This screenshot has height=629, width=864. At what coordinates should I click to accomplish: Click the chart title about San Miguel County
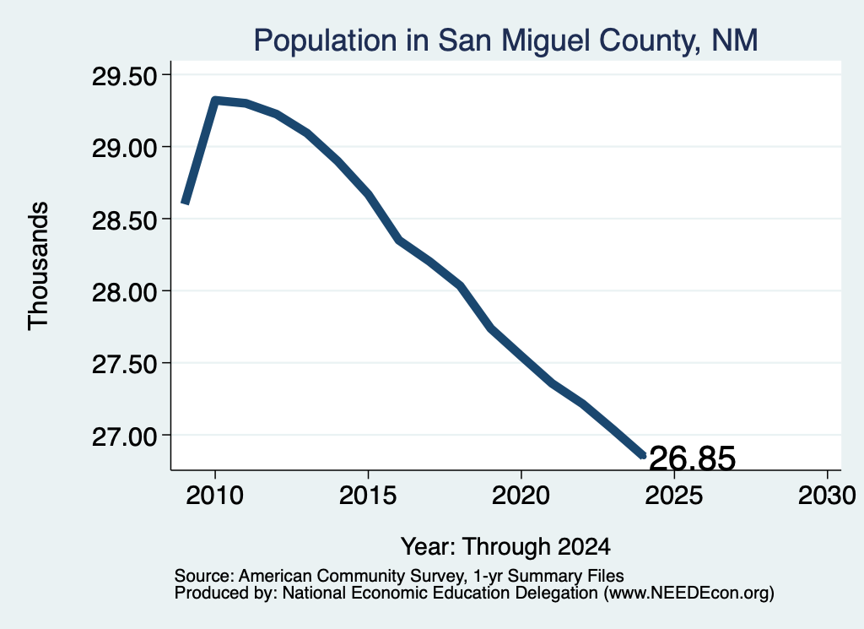[506, 41]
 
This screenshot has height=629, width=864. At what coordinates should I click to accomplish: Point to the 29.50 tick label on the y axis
[125, 77]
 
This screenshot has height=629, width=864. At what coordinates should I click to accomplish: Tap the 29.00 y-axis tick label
[125, 149]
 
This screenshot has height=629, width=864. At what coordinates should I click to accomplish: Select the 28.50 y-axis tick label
[125, 220]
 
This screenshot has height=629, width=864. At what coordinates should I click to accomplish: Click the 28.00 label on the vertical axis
[125, 292]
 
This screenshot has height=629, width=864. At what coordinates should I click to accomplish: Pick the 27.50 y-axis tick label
[125, 365]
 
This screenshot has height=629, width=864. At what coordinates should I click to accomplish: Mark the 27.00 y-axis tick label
[125, 437]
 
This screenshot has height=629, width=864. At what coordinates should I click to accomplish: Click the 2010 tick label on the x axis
[215, 496]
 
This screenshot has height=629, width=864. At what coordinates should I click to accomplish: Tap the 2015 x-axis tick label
[368, 496]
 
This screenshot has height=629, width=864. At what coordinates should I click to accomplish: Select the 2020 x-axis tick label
[521, 496]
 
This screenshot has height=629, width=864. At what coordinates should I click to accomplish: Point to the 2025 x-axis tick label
[674, 496]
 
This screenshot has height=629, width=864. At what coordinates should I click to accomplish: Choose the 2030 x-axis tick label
[827, 496]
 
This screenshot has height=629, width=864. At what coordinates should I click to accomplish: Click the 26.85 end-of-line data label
[692, 458]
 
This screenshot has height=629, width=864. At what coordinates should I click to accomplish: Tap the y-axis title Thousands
[38, 266]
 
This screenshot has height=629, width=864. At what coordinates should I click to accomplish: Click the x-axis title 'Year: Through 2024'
[505, 546]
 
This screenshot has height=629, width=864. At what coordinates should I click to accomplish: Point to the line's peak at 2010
[215, 100]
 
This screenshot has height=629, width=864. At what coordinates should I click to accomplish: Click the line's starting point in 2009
[185, 203]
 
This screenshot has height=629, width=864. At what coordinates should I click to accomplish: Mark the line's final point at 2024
[642, 455]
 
